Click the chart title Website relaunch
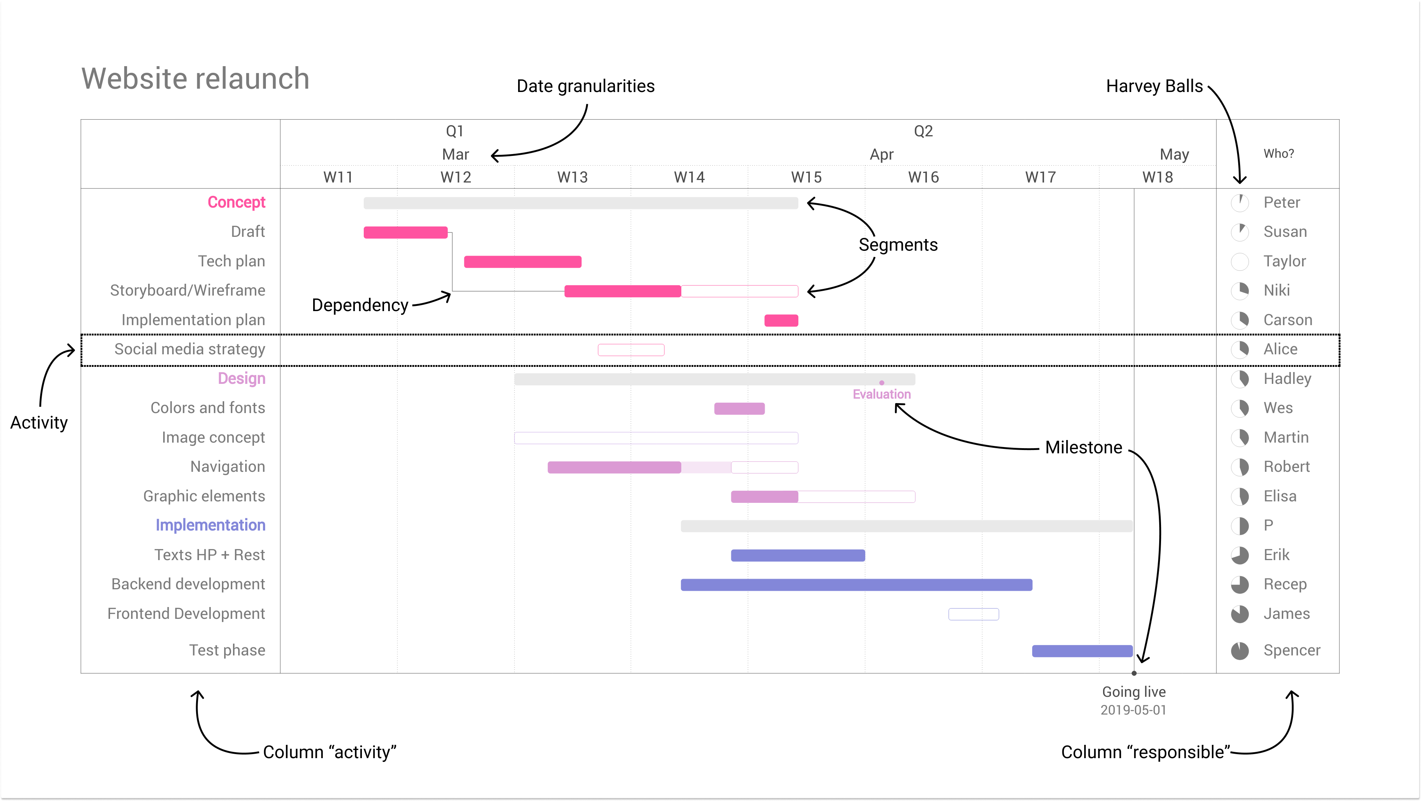tap(195, 78)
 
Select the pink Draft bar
tap(405, 232)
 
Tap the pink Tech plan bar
tap(523, 262)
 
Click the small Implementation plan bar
tap(781, 320)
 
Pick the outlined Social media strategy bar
tap(631, 350)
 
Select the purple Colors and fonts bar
tap(739, 409)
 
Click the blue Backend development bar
tap(856, 584)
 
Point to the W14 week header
tap(689, 177)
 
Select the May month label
tap(1174, 154)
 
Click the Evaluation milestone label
tap(881, 394)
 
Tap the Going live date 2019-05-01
tap(1134, 710)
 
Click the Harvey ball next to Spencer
tap(1240, 651)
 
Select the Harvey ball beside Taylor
tap(1240, 262)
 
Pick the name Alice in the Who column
tap(1280, 350)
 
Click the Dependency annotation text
tap(360, 305)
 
